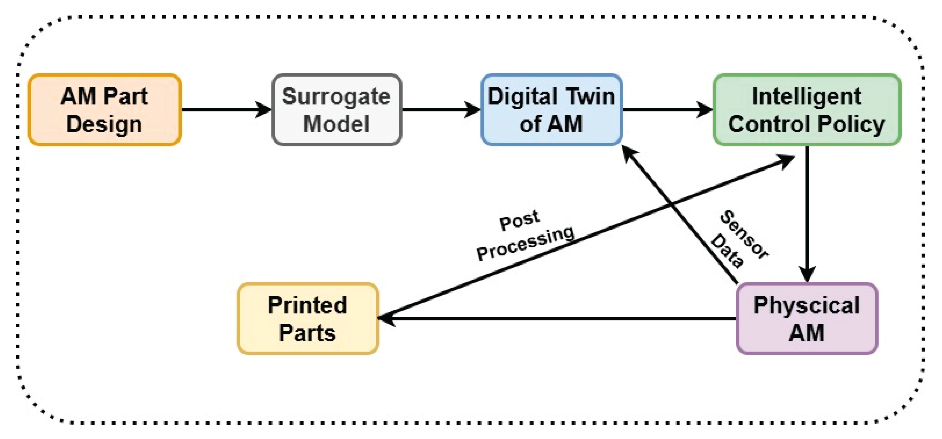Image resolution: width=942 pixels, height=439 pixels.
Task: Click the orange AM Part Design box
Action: pos(105,110)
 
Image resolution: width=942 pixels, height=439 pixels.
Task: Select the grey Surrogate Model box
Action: pos(336,110)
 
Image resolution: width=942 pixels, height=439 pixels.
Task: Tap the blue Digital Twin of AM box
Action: pos(551,110)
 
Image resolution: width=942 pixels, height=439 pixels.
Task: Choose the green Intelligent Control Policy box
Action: pos(807,110)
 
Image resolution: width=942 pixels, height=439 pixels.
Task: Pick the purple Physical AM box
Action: pos(807,319)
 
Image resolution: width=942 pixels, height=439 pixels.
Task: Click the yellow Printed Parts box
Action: pos(307,319)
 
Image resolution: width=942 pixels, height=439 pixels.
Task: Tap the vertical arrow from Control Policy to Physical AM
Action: pos(807,212)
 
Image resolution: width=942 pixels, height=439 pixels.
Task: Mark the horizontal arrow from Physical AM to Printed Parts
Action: pos(556,319)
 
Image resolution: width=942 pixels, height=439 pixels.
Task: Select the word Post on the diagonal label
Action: pos(519,220)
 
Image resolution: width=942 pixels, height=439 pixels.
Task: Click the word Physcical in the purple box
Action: pos(807,305)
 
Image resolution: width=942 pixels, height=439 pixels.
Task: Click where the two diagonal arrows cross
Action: pos(672,203)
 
